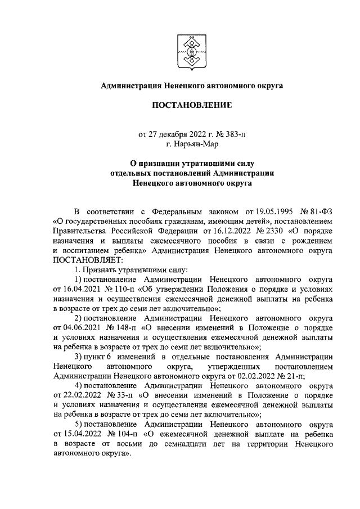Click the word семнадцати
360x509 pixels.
[187, 443]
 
